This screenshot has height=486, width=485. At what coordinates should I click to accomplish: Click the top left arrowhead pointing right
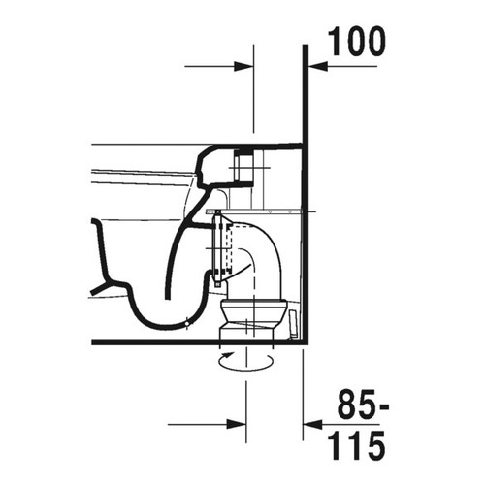pos(243,66)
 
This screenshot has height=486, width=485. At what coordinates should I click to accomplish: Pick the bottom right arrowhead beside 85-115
pos(312,424)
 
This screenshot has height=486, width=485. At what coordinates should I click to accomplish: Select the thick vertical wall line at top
pos(306,97)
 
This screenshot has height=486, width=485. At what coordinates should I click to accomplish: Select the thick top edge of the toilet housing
pos(262,145)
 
